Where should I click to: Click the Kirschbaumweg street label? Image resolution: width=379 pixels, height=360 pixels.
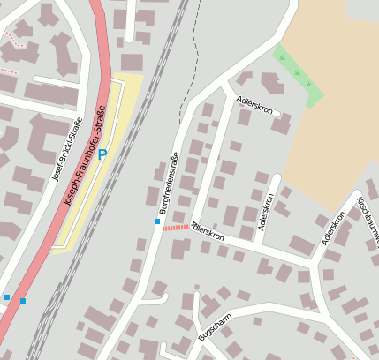point(366,221)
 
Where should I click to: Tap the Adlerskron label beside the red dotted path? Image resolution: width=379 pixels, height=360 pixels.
point(208,231)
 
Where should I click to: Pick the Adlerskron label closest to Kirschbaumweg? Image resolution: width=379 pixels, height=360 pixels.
point(333,229)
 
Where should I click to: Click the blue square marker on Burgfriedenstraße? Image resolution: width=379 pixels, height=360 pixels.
point(157,221)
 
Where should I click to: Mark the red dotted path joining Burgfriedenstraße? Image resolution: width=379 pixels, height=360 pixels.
point(176,227)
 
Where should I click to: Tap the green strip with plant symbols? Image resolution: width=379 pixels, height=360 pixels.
point(298,74)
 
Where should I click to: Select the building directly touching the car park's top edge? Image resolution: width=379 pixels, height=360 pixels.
point(132,63)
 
